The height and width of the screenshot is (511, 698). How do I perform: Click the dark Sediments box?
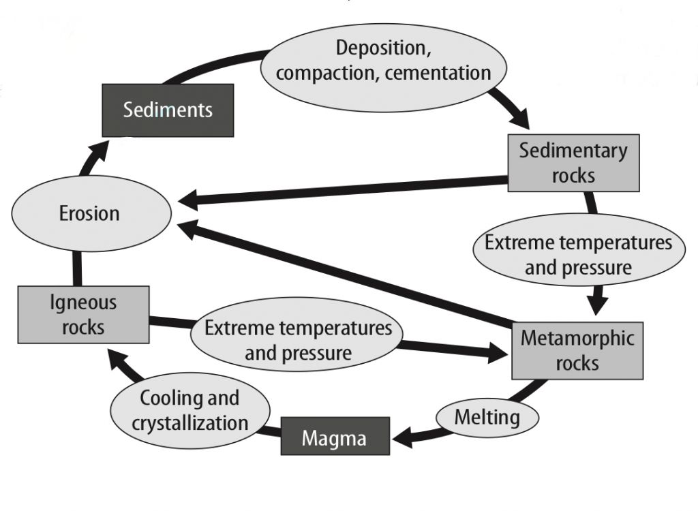tap(168, 110)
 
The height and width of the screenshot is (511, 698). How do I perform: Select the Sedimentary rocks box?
tap(573, 163)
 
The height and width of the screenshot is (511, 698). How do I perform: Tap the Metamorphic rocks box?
tap(577, 350)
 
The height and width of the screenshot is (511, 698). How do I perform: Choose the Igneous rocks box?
tap(83, 314)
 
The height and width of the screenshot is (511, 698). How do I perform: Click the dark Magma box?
tap(335, 437)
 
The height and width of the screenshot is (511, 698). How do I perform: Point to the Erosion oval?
tap(89, 213)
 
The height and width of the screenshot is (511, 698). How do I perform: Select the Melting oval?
tap(487, 416)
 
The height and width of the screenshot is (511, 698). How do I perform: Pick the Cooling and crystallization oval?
tap(189, 410)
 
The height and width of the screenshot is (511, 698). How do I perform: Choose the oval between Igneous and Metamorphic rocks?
tap(299, 340)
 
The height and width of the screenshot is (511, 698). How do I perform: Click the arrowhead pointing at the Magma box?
tap(402, 437)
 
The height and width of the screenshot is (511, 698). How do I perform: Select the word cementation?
tap(438, 73)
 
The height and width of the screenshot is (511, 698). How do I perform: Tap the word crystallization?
tap(190, 422)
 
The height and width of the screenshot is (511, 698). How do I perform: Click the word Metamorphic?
tap(577, 338)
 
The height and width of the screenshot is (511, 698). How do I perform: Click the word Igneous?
tap(83, 302)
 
